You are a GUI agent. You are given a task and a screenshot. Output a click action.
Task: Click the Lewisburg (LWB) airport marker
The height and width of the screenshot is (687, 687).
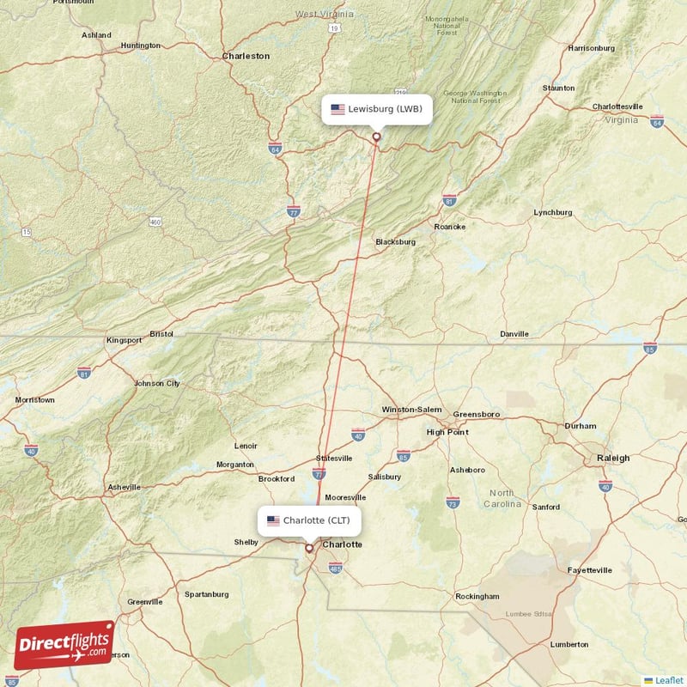pyautogui.click(x=375, y=136)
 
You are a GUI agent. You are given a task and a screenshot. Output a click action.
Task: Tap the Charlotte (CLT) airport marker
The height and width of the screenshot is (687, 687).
pyautogui.click(x=309, y=547)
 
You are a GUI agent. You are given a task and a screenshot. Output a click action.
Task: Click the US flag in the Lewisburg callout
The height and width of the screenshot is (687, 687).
pyautogui.click(x=337, y=109)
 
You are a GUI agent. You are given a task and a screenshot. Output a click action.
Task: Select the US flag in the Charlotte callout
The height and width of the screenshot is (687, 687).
pyautogui.click(x=273, y=520)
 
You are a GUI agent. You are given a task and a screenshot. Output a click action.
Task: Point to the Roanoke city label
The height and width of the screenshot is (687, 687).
pyautogui.click(x=449, y=227)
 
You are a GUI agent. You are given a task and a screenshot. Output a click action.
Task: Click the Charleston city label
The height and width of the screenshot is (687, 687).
pyautogui.click(x=246, y=56)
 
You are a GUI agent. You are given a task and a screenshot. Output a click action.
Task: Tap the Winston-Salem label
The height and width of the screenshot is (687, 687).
pyautogui.click(x=410, y=410)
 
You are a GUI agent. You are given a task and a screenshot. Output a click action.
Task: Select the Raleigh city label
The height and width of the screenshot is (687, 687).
pyautogui.click(x=613, y=459)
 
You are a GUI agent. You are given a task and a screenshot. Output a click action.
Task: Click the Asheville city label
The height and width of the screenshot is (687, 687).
pyautogui.click(x=124, y=487)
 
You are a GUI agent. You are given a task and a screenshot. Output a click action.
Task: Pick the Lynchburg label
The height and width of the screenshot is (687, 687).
pyautogui.click(x=552, y=212)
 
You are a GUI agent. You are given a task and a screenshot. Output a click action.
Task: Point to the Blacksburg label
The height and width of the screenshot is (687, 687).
pyautogui.click(x=395, y=242)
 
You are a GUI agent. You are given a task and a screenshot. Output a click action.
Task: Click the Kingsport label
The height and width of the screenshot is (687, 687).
pyautogui.click(x=124, y=340)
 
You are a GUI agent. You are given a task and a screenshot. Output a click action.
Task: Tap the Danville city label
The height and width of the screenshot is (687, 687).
pyautogui.click(x=514, y=333)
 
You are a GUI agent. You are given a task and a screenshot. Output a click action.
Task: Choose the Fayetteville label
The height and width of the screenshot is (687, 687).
pyautogui.click(x=590, y=570)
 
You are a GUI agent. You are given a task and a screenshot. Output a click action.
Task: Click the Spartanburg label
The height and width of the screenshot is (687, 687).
pyautogui.click(x=206, y=594)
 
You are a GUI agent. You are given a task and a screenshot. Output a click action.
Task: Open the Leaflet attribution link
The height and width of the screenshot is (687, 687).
pyautogui.click(x=668, y=680)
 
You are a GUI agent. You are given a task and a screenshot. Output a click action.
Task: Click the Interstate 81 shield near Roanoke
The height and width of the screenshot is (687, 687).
pyautogui.click(x=449, y=201)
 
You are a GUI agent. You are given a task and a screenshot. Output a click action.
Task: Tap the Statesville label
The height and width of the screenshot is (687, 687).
pyautogui.click(x=334, y=458)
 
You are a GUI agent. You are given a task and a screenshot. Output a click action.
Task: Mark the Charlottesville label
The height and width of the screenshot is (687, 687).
pyautogui.click(x=617, y=106)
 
